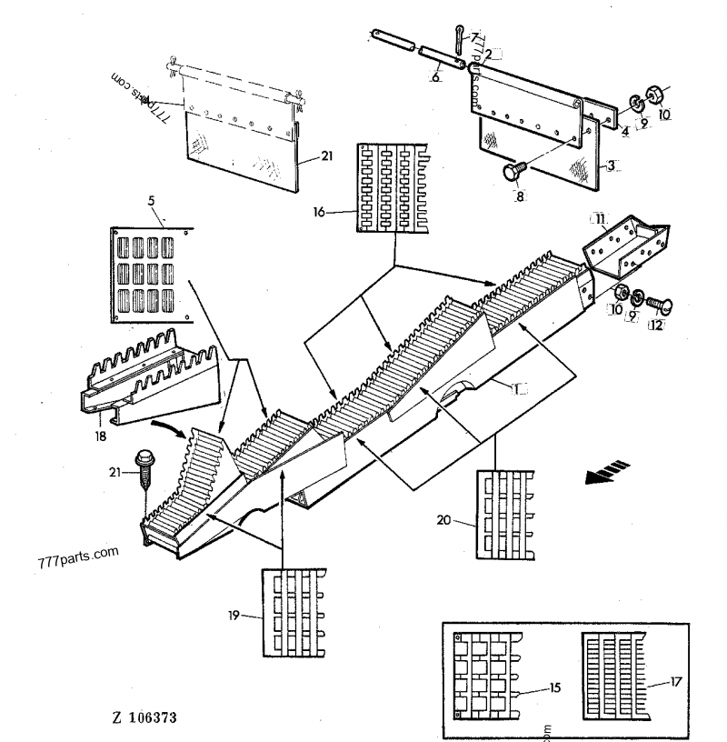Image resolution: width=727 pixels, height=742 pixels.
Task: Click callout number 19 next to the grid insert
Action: click(x=234, y=615)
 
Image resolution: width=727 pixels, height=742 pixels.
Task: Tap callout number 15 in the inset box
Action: click(x=554, y=688)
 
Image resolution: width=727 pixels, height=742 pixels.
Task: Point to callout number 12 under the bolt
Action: click(x=656, y=324)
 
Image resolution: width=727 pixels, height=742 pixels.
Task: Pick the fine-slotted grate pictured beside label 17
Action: click(x=616, y=668)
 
